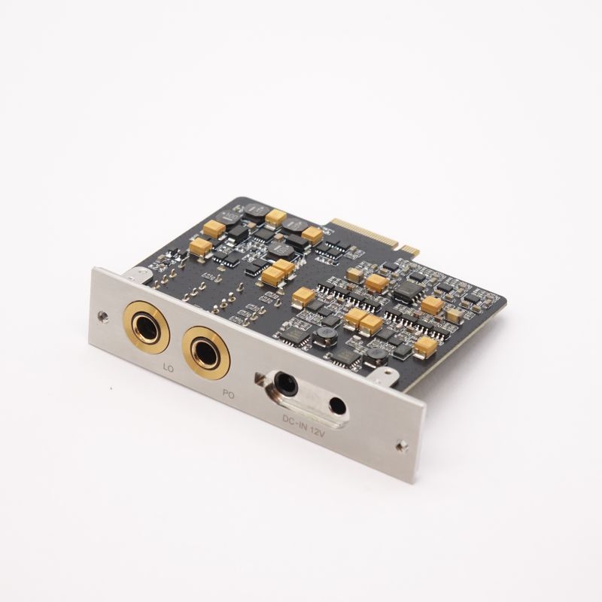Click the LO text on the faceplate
point(169,369)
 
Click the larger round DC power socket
point(284,384)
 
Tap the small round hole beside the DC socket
point(338,407)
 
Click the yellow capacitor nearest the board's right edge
point(425,346)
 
